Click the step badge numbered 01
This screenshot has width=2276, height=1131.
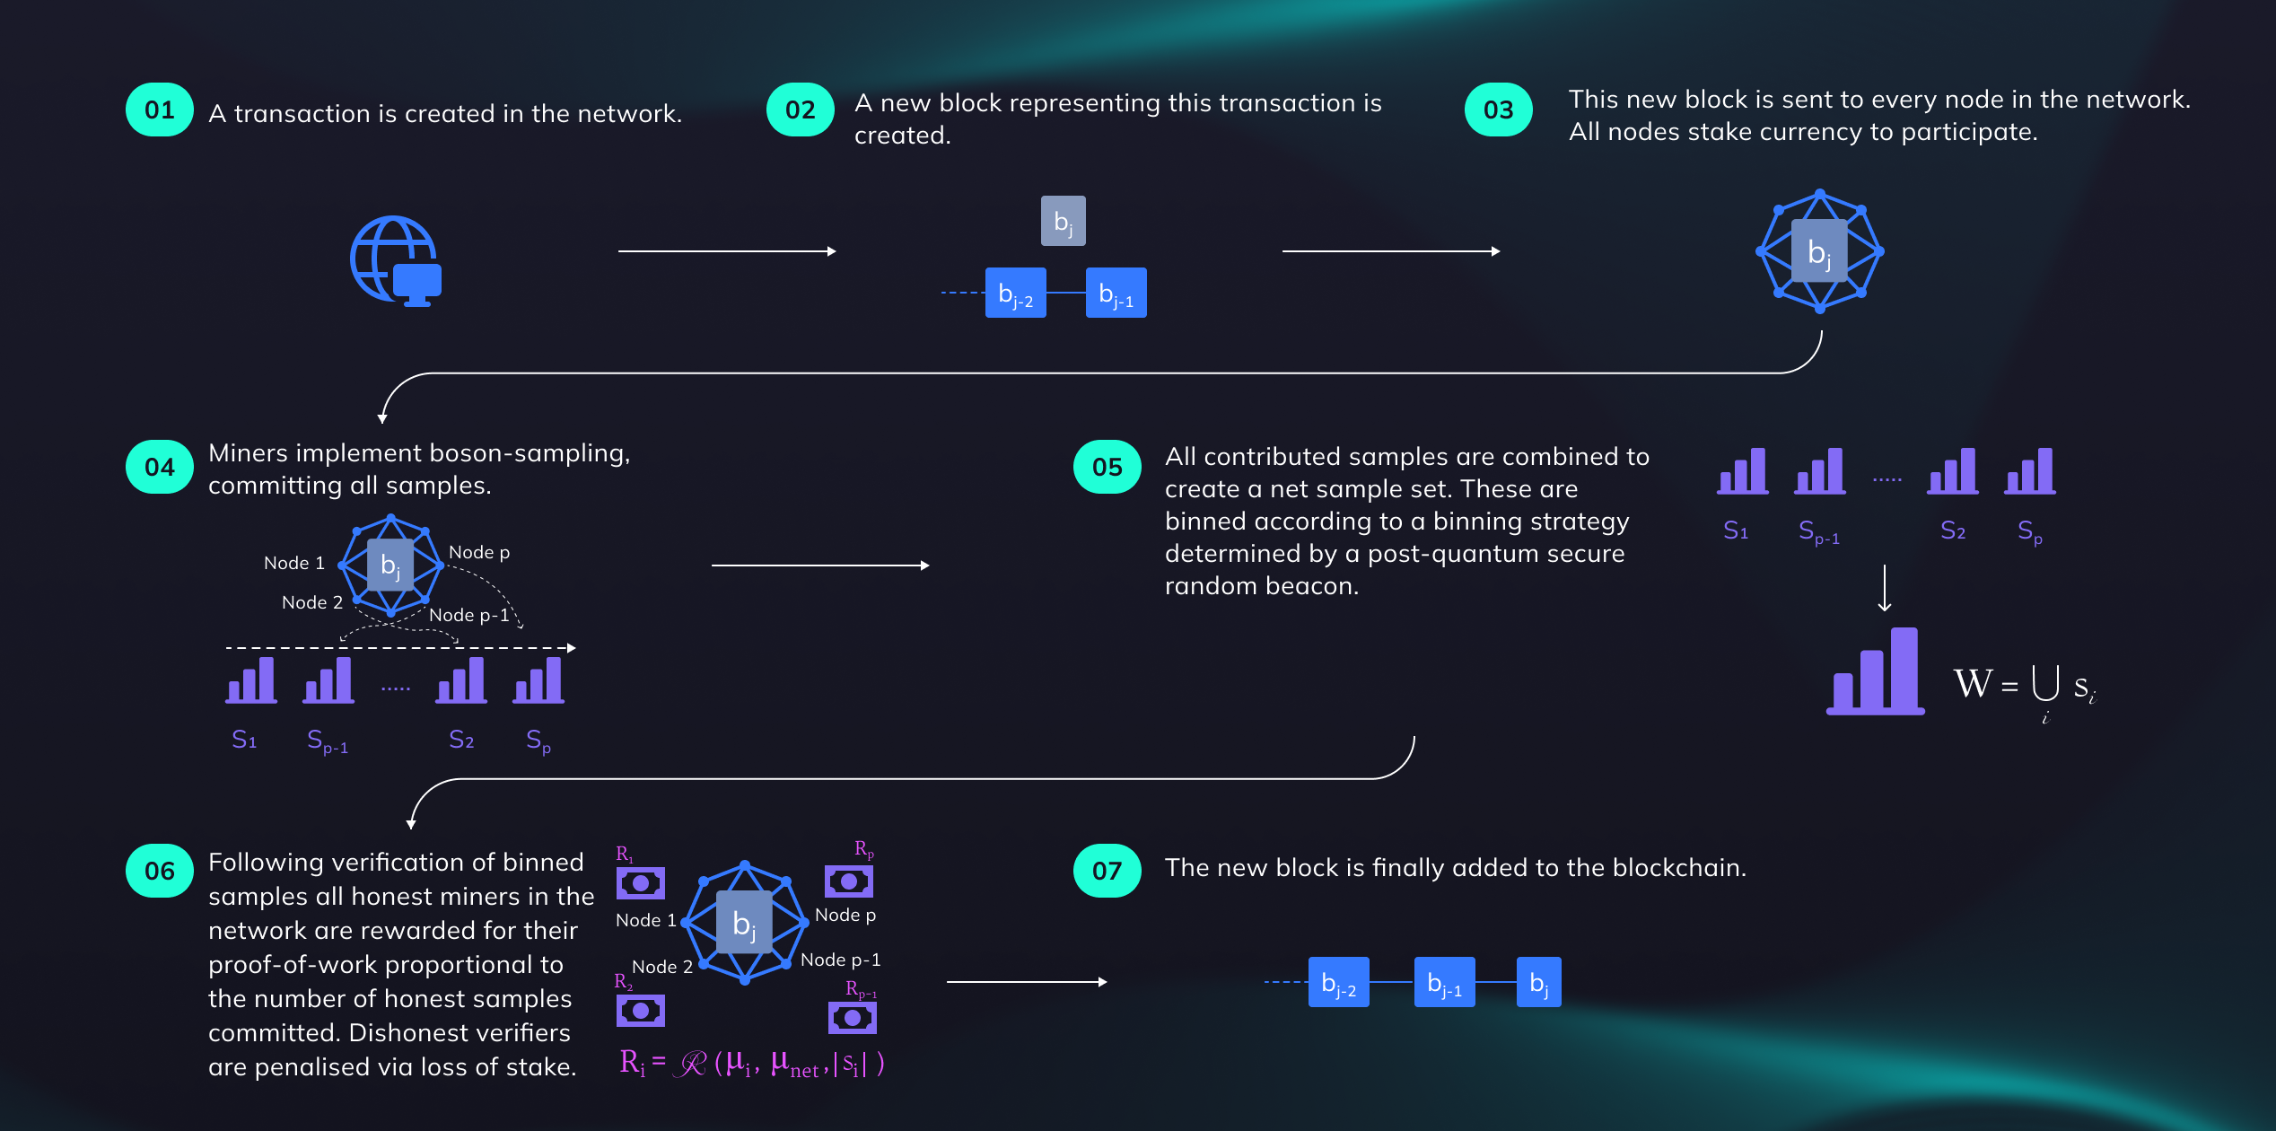(x=160, y=110)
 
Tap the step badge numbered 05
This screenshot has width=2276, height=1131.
(x=1107, y=467)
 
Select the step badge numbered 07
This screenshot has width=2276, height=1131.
(x=1107, y=871)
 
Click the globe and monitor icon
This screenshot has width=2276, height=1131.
(x=396, y=260)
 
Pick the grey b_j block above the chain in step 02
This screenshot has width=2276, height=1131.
(x=1063, y=221)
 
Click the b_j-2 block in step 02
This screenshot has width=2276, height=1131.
(x=1015, y=294)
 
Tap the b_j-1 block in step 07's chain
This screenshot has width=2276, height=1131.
(x=1444, y=983)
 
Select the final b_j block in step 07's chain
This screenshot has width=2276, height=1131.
(x=1538, y=983)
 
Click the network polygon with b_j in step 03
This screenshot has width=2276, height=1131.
(x=1819, y=251)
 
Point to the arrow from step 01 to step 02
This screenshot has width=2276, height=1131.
(x=727, y=251)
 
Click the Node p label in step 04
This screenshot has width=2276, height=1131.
(x=479, y=553)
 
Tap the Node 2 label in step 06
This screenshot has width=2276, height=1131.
(x=661, y=967)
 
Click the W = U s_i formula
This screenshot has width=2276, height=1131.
(x=2024, y=688)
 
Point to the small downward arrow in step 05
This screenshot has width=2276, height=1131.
(x=1885, y=588)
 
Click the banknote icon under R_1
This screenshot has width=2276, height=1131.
(x=640, y=883)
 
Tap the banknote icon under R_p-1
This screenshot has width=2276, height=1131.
(x=852, y=1018)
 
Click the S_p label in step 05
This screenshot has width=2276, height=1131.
(x=2029, y=531)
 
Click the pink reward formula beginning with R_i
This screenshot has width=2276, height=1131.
(x=752, y=1064)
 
